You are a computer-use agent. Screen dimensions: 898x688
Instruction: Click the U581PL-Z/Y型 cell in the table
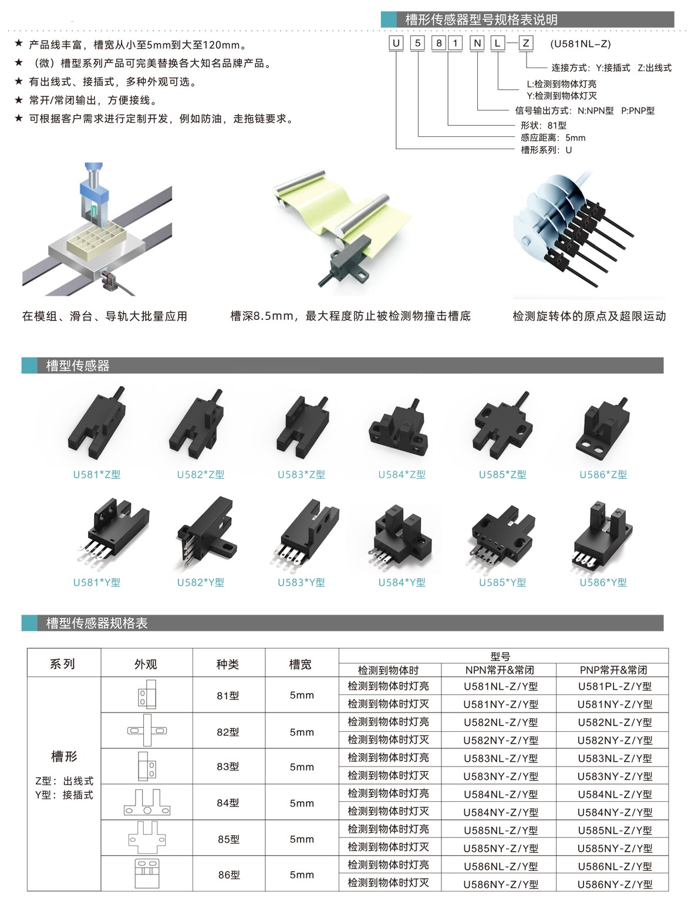click(615, 686)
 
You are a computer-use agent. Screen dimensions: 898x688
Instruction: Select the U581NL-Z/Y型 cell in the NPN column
click(500, 686)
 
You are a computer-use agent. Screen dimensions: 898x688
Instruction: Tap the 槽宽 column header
click(301, 664)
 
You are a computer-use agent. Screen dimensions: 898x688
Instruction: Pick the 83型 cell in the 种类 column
click(228, 767)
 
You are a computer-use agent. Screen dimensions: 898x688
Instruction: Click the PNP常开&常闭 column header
click(615, 670)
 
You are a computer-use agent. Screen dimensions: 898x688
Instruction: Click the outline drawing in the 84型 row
click(146, 802)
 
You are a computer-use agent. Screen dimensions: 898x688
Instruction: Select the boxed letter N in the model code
click(478, 43)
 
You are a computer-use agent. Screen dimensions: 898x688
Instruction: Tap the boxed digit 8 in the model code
click(437, 43)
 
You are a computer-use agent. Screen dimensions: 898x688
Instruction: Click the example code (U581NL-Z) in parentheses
click(581, 43)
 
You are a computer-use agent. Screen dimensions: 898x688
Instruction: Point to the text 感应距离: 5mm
click(552, 137)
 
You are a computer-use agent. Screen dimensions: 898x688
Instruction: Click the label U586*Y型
click(603, 582)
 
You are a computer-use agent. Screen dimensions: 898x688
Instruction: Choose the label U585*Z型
click(502, 474)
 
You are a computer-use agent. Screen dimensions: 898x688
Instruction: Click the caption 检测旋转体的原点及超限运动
click(589, 316)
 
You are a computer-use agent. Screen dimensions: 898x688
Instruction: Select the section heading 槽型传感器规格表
click(97, 623)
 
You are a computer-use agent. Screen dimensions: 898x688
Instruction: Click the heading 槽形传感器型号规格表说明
click(481, 19)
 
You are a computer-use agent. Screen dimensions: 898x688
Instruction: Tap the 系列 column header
click(63, 664)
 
